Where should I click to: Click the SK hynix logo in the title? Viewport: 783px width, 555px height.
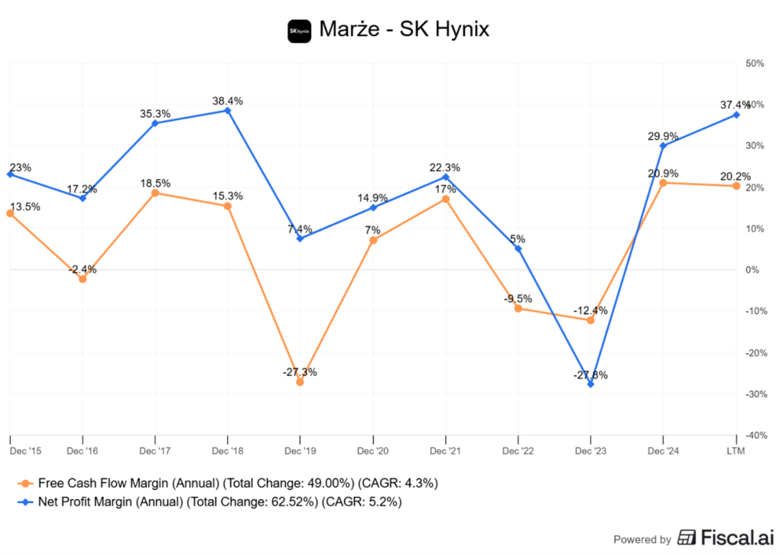click(x=299, y=31)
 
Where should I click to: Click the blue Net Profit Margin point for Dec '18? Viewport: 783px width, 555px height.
click(x=227, y=110)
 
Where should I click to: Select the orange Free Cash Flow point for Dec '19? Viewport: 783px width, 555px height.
click(x=300, y=381)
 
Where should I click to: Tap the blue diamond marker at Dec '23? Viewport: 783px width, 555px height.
click(x=590, y=384)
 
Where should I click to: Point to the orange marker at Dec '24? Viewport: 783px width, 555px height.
click(x=663, y=183)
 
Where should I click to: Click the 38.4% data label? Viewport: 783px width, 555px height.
click(x=228, y=100)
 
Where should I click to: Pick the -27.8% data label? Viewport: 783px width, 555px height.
click(x=590, y=374)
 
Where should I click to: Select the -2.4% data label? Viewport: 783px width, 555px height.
click(x=83, y=269)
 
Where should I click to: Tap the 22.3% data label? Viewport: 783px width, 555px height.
click(x=445, y=167)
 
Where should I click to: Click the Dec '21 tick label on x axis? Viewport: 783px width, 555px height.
click(x=445, y=452)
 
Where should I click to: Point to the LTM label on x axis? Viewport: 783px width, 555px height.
click(x=736, y=452)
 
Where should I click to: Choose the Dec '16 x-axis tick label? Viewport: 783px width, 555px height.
click(x=83, y=452)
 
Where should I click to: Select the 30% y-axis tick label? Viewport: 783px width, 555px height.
click(x=755, y=145)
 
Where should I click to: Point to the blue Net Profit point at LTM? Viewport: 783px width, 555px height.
click(x=736, y=115)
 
